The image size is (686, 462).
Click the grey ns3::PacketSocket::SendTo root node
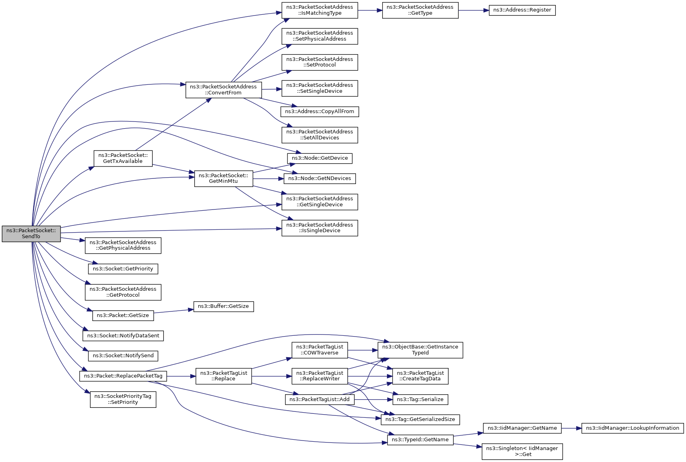coord(31,234)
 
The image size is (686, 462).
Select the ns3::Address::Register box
coord(522,10)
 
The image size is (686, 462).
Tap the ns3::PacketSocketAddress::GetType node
coord(420,10)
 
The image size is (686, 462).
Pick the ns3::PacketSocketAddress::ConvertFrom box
coord(223,90)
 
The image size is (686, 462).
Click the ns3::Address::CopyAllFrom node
coord(319,112)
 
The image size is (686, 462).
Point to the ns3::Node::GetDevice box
coord(320,158)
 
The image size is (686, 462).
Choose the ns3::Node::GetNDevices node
coord(319,178)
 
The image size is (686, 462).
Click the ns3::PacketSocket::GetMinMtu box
coord(223,178)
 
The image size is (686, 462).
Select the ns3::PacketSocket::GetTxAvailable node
coord(123,158)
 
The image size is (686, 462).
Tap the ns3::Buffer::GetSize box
coord(223,306)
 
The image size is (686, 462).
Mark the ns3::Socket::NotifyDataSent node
coord(123,336)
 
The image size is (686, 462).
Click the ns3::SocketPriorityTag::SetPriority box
coord(123,399)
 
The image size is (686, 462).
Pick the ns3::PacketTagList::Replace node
coord(223,376)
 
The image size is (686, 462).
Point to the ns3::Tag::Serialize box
coord(420,399)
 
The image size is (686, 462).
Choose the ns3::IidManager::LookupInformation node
coord(632,428)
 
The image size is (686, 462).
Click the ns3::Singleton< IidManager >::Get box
coord(522,451)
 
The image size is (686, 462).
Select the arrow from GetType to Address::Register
coord(474,10)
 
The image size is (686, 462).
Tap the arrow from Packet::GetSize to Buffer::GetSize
coord(174,311)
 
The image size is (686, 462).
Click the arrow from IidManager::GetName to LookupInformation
coord(571,428)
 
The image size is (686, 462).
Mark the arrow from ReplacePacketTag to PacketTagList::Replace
coord(181,376)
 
